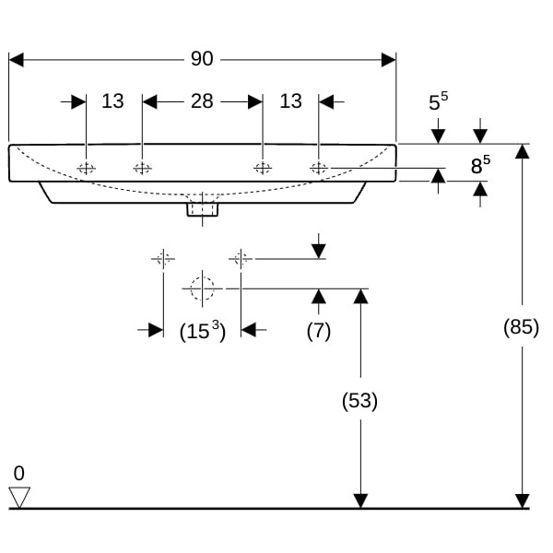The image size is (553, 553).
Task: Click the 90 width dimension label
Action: point(202,59)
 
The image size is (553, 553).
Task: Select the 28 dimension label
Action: point(202,101)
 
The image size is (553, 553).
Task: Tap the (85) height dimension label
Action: point(522,326)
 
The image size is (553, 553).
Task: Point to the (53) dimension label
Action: point(360,401)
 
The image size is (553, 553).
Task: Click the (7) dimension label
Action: point(318,331)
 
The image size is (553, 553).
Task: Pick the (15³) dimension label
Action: point(202,331)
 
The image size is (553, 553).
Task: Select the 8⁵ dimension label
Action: point(479,166)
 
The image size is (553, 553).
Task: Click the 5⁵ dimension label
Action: point(438,101)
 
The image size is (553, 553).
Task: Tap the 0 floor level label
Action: point(19,473)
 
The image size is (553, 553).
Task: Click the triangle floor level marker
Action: point(19,497)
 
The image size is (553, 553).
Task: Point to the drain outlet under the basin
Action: point(202,208)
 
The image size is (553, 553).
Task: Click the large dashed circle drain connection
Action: point(202,288)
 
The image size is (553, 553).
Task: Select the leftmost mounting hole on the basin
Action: point(86,168)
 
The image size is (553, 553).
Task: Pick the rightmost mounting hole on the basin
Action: point(319,168)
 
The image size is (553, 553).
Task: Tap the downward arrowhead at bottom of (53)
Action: point(360,500)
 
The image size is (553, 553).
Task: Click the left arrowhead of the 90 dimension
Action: point(16,60)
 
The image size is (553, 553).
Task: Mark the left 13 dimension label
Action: point(112,101)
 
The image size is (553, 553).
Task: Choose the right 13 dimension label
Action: point(290,101)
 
